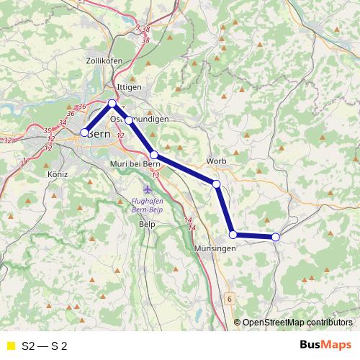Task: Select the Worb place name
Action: (216, 161)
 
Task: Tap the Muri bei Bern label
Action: (140, 164)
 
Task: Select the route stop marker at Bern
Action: (84, 132)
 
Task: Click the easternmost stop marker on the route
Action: (276, 237)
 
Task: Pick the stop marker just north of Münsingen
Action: (233, 234)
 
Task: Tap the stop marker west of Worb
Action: (216, 184)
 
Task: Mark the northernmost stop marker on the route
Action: (112, 104)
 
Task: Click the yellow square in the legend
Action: (10, 346)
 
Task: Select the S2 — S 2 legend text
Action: (45, 346)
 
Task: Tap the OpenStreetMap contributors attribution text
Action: (297, 322)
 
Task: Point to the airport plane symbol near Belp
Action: (148, 189)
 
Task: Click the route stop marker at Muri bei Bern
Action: (154, 155)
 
